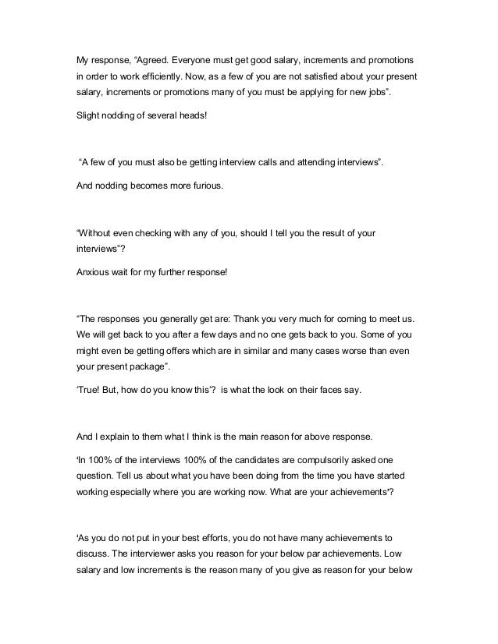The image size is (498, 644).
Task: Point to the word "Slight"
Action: tap(87, 117)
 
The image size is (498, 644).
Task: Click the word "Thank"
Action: tap(251, 320)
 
